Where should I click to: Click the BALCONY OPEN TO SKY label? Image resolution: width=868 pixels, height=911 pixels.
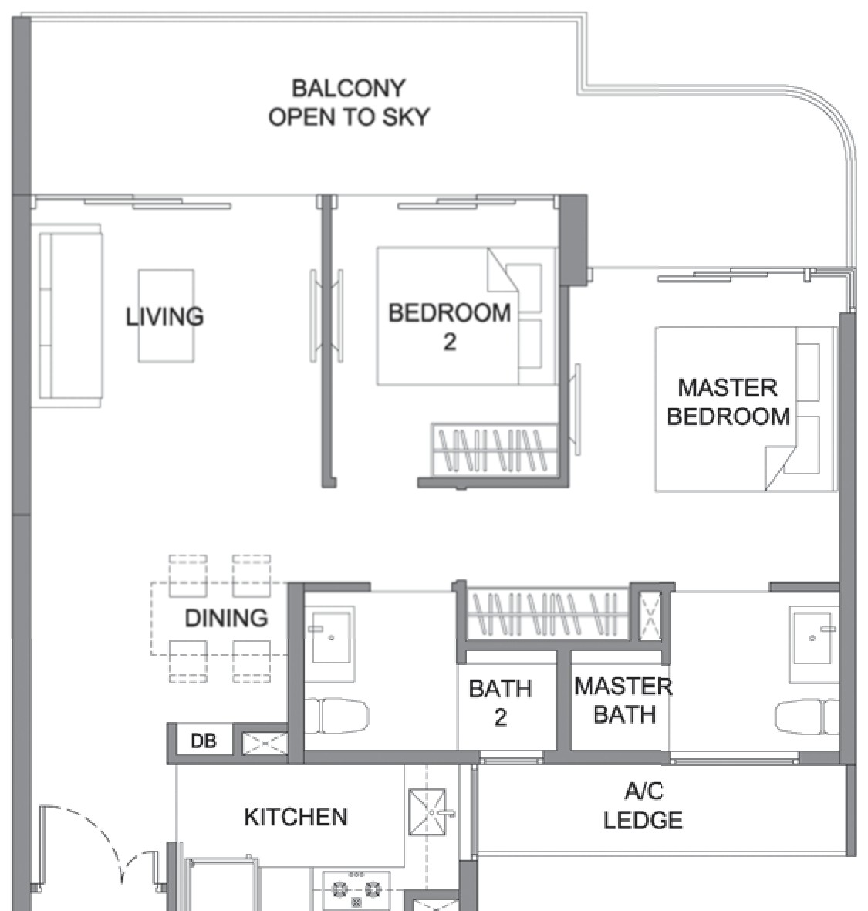[x=349, y=103]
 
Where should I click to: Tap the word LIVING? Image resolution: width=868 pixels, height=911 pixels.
[x=165, y=316]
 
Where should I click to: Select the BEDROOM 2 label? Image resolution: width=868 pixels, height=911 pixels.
[x=449, y=327]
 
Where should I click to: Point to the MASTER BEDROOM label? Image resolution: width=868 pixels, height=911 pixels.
[x=728, y=402]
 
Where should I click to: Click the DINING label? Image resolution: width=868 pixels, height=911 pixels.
[x=226, y=618]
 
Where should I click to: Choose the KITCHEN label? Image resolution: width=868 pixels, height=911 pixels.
[x=296, y=817]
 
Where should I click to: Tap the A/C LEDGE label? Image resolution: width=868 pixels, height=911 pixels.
[x=643, y=805]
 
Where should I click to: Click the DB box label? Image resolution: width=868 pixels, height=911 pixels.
[x=204, y=741]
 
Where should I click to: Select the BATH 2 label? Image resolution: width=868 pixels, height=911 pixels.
[x=500, y=703]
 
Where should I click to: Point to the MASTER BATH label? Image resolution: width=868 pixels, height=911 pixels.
[x=624, y=700]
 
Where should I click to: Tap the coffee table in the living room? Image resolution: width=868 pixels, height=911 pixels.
[x=166, y=316]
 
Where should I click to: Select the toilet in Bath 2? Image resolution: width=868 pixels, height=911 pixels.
[x=336, y=717]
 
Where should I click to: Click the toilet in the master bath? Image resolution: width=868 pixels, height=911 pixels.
[x=807, y=717]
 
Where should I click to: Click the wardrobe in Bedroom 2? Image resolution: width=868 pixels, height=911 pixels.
[x=494, y=450]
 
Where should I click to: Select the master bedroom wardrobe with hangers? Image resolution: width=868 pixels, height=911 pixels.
[x=548, y=613]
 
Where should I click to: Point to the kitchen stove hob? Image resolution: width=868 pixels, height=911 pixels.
[x=356, y=890]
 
